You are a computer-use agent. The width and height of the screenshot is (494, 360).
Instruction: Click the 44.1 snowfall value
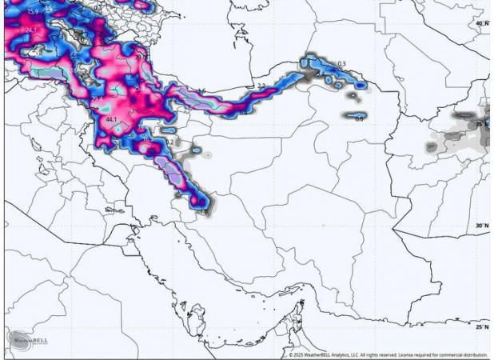click(111, 120)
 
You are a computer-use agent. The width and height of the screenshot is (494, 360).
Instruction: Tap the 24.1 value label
click(30, 30)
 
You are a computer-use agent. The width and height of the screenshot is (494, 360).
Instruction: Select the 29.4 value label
click(98, 99)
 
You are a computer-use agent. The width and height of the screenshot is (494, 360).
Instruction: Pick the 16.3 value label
click(148, 140)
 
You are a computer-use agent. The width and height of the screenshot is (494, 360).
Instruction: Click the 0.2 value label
click(169, 142)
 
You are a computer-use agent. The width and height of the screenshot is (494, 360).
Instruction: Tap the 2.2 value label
click(261, 86)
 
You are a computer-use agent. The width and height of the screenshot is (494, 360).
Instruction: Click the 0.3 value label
click(341, 64)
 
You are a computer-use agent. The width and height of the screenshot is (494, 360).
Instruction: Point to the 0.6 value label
click(359, 119)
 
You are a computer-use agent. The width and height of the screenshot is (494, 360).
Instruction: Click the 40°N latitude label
click(481, 24)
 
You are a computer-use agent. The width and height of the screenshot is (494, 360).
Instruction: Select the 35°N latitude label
click(481, 125)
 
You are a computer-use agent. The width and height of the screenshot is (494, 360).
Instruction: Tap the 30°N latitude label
click(481, 226)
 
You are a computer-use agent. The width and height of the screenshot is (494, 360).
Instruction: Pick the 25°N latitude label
click(481, 327)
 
